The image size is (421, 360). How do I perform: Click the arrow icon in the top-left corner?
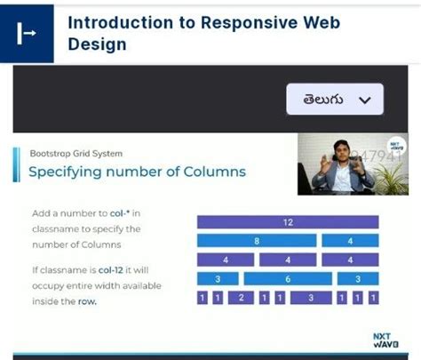click(x=28, y=33)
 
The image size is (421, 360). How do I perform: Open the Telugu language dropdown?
click(x=334, y=100)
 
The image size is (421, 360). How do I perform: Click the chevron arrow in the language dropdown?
click(x=362, y=100)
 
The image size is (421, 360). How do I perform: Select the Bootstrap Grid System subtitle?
click(x=75, y=153)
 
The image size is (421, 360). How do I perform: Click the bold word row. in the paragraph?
click(x=85, y=301)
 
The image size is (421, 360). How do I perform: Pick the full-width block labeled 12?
click(x=287, y=222)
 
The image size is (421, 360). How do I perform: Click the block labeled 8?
click(x=256, y=241)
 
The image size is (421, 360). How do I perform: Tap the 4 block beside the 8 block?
click(x=350, y=241)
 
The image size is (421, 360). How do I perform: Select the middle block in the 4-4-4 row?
click(x=287, y=260)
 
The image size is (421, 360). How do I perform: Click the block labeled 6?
click(x=287, y=278)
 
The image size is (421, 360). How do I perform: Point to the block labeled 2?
click(x=240, y=298)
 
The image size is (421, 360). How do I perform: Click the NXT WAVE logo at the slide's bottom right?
click(x=380, y=339)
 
